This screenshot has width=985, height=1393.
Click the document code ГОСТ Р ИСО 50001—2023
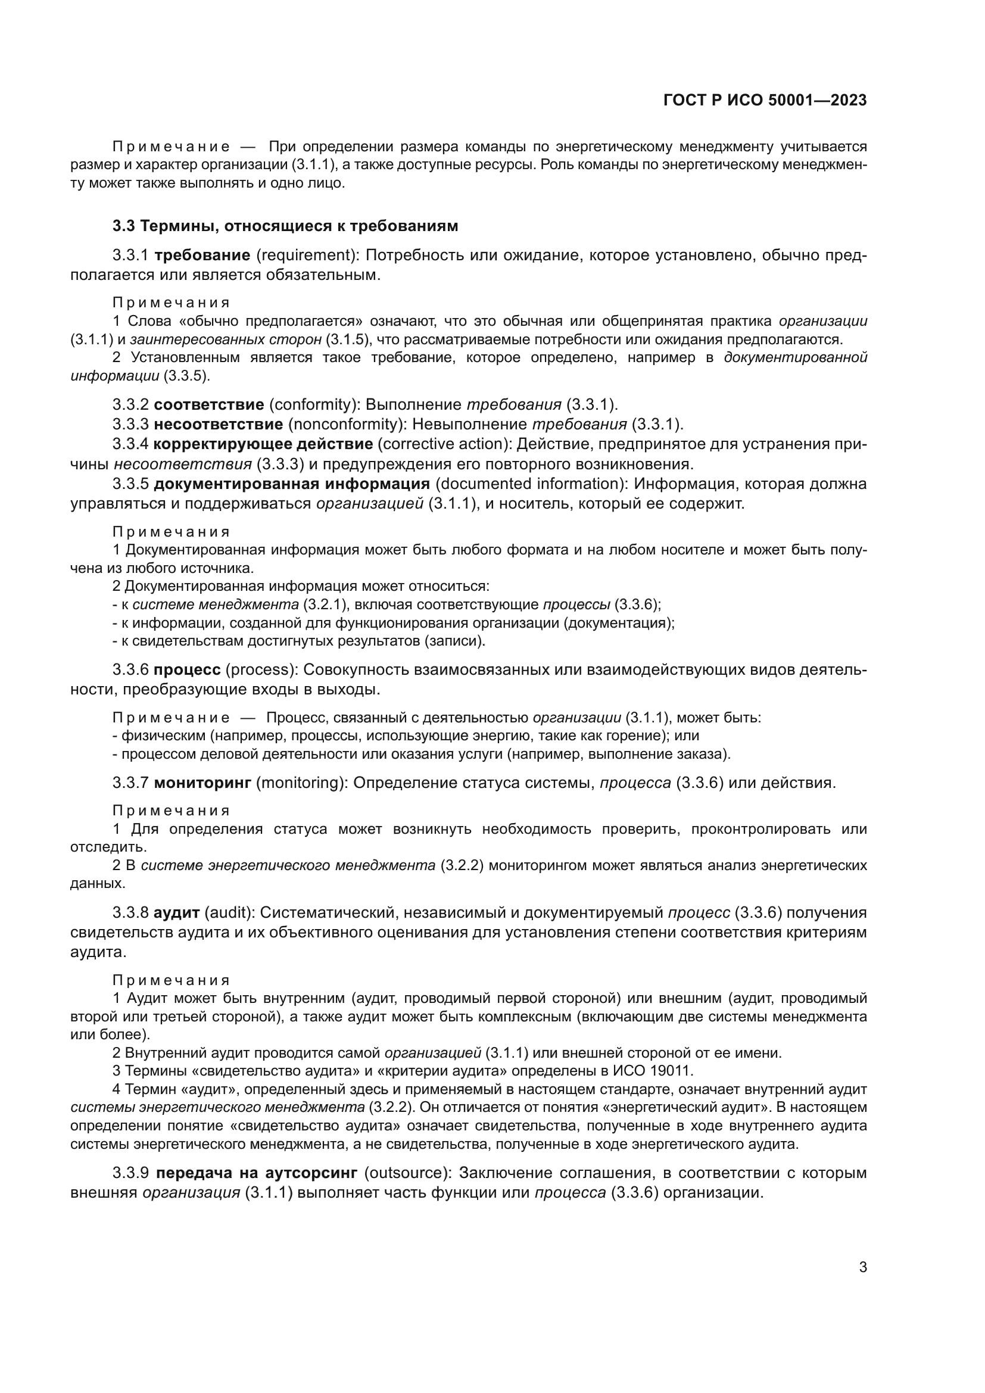[765, 101]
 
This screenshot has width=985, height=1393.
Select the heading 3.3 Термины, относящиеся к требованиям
[285, 226]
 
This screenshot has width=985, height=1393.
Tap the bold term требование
[202, 255]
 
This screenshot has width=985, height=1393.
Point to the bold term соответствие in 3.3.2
[208, 404]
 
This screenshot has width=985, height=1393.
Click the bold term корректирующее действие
[263, 444]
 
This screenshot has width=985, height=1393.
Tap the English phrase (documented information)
[526, 484]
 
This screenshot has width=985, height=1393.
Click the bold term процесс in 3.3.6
[188, 670]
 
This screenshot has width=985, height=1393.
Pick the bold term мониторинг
[202, 783]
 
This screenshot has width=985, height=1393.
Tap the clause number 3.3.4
[130, 444]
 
